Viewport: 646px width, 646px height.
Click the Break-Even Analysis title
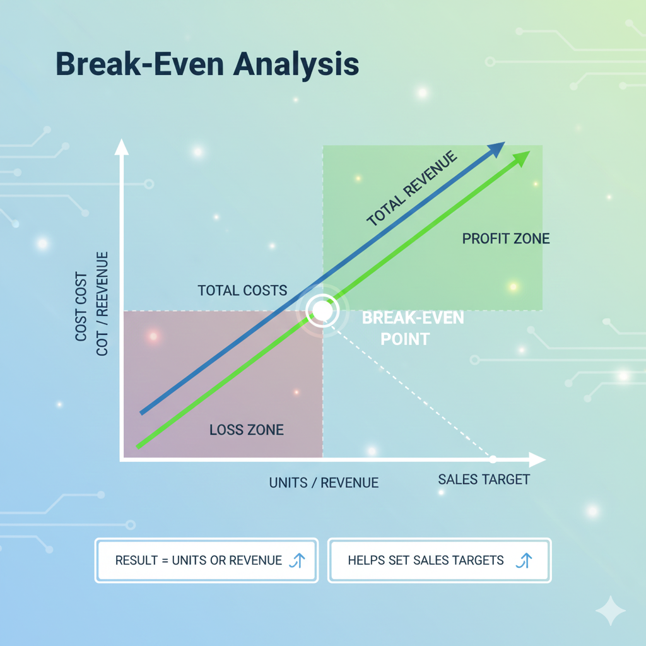coord(207,64)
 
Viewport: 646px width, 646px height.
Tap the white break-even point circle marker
coord(322,310)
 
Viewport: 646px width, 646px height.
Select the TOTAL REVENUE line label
coord(411,188)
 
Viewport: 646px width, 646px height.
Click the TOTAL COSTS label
coord(242,290)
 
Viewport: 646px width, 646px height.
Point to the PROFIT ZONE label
coord(506,238)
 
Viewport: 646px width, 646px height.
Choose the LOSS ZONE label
coord(247,430)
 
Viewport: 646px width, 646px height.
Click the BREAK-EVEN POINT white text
coord(413,328)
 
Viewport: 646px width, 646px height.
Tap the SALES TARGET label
coord(484,479)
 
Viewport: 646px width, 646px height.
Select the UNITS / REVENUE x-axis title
coord(324,483)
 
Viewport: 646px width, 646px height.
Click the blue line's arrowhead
coord(496,149)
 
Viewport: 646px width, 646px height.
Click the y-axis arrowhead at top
coord(122,147)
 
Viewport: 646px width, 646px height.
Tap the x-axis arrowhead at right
coord(537,460)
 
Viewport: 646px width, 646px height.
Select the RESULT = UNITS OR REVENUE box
coord(206,560)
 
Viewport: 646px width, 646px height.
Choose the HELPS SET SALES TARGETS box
coord(440,560)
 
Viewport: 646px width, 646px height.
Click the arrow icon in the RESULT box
coord(298,560)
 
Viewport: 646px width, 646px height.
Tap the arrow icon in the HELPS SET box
coord(524,560)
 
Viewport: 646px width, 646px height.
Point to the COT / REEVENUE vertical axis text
coord(102,303)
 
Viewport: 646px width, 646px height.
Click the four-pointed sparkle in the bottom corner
coord(611,611)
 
